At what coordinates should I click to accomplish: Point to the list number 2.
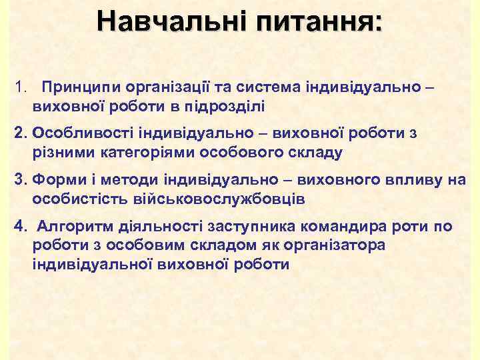[x=20, y=133]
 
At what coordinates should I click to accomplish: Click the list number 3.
[x=20, y=179]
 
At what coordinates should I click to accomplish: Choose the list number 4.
[x=20, y=226]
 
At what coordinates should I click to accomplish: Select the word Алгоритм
[x=70, y=226]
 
